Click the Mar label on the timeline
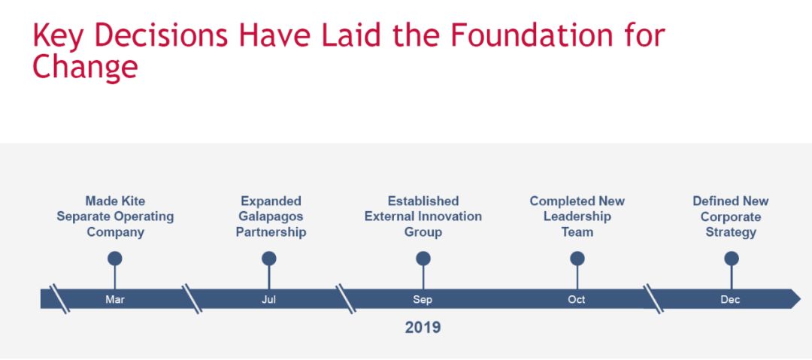(x=115, y=299)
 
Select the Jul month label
(x=268, y=299)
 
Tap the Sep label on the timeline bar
(x=423, y=299)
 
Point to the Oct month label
(x=577, y=299)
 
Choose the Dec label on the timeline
(x=730, y=299)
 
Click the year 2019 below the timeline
(x=423, y=328)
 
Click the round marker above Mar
(x=115, y=259)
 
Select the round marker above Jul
(x=268, y=259)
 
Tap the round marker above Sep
(x=423, y=259)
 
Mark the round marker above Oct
(x=577, y=259)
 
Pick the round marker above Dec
(x=732, y=259)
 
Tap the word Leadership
(x=577, y=216)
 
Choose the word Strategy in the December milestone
(x=731, y=232)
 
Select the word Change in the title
(x=85, y=68)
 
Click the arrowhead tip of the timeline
(x=801, y=299)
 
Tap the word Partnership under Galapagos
(x=271, y=232)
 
